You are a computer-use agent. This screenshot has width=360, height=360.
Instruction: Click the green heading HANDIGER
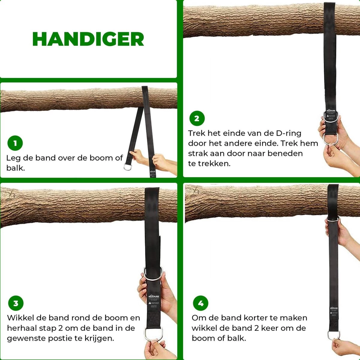tap(88, 39)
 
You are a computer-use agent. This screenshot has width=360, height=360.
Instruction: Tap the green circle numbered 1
tap(15, 143)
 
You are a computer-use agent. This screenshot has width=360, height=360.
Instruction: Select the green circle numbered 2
tap(197, 118)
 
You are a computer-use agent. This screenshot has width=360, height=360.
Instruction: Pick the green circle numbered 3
tap(16, 303)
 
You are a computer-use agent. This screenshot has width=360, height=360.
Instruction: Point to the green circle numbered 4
tap(201, 303)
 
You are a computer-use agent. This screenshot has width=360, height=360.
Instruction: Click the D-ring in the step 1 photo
tap(128, 166)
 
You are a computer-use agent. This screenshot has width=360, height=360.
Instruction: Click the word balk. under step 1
tap(16, 168)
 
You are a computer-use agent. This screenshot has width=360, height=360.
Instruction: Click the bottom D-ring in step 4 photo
tap(333, 335)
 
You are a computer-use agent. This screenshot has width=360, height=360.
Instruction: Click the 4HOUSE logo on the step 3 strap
tap(154, 296)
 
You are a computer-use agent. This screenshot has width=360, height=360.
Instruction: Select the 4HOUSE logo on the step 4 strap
tap(334, 308)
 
